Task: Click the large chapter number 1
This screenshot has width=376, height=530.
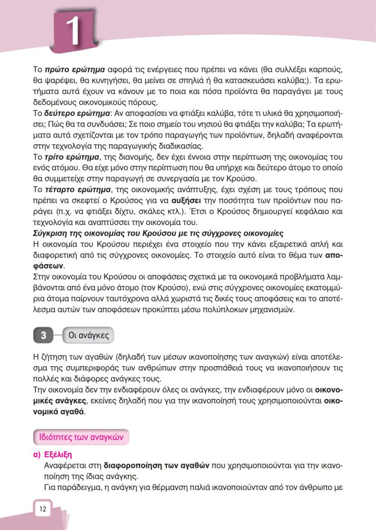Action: click(x=73, y=30)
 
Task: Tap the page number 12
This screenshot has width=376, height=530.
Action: click(x=43, y=509)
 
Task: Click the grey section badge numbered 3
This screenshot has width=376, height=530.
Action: click(x=44, y=335)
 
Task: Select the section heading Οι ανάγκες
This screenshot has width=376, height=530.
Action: click(x=88, y=335)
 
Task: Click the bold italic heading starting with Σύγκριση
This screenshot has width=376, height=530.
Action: click(x=158, y=234)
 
